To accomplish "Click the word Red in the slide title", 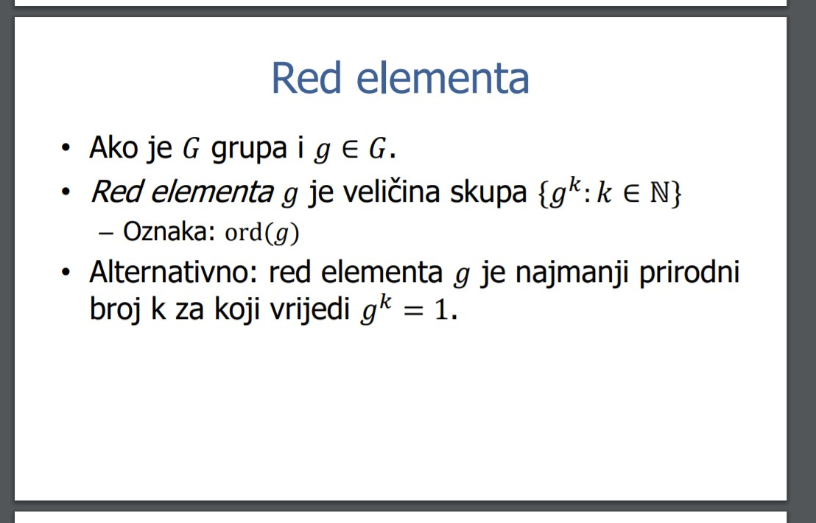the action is pos(306,78).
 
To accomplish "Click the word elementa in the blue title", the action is pos(443,78).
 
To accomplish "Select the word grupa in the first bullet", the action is pos(248,150).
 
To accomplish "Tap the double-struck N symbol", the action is pos(659,193).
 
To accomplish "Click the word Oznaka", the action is pos(169,231).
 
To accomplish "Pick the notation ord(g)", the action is pos(261,233).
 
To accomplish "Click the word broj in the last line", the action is pos(114,309).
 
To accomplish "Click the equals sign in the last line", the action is pos(414,311).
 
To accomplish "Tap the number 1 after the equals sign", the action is pos(440,310).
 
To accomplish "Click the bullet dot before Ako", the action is pos(65,148).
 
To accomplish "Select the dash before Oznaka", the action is pos(105,233).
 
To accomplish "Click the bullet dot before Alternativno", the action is pos(65,272).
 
